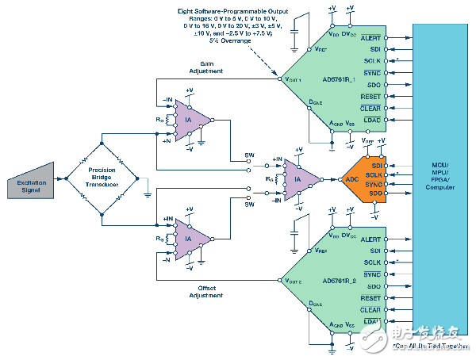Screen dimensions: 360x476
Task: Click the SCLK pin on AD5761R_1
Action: click(371, 60)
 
